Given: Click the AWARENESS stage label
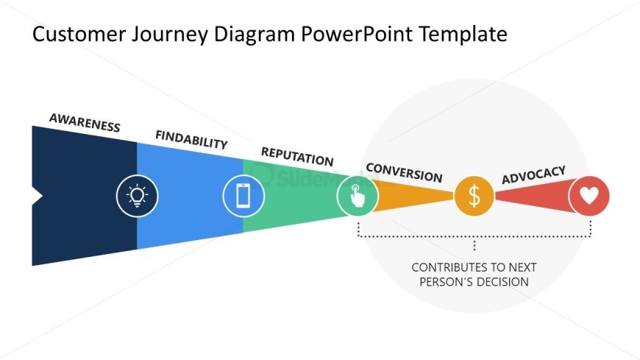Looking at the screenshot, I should click(85, 122).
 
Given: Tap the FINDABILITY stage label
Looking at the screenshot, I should click(191, 140).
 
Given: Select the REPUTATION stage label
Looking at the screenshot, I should click(297, 156).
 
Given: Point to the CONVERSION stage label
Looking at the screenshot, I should click(404, 172).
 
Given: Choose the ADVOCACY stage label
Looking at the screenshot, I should click(533, 176).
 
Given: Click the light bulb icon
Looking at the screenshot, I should click(137, 195).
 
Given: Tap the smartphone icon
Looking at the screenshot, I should click(243, 196).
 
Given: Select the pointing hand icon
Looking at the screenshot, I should click(357, 196).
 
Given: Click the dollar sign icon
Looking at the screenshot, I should click(474, 196).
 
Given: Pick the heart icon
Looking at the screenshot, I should click(589, 196).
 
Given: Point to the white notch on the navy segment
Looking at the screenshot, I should click(36, 196).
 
